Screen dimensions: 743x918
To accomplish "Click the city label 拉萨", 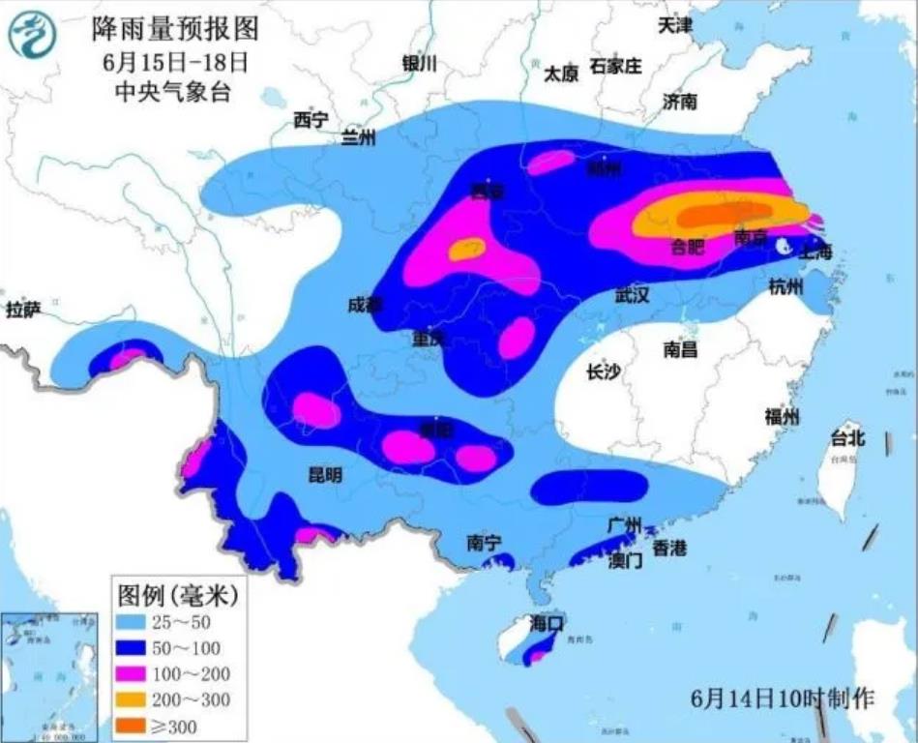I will (23, 310).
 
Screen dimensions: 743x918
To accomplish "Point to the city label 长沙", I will (603, 372).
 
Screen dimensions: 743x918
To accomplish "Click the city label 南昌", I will (680, 350).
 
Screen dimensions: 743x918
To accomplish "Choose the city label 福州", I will (782, 417).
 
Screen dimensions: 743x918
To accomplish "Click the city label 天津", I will (675, 26).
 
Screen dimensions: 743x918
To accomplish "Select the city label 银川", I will (419, 64).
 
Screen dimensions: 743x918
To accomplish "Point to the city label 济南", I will (680, 101).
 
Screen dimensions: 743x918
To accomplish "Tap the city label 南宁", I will (483, 544).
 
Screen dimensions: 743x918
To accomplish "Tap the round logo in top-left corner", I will (33, 37).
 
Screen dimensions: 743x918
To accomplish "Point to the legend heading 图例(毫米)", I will (176, 591).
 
